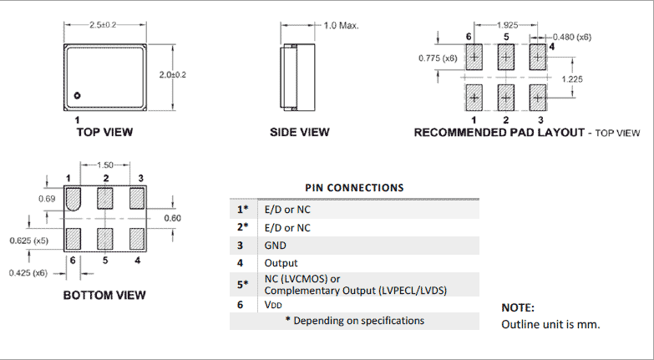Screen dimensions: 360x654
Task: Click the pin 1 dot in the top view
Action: [78, 95]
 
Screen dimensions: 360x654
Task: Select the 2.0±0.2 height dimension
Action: [172, 74]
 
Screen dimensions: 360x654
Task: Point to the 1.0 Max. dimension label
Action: [340, 26]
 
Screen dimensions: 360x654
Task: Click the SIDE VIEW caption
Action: [300, 132]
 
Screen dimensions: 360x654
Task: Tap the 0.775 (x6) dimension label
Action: [437, 58]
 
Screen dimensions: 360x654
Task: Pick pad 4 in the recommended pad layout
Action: [537, 58]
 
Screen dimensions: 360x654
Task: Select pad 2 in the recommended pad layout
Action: [505, 97]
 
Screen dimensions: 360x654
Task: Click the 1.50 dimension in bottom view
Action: [106, 165]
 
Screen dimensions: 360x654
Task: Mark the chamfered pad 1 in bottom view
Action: [73, 199]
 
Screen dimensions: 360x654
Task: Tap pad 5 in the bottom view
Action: [105, 239]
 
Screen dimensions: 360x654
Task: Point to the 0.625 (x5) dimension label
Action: [26, 241]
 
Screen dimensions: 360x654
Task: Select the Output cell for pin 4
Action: [281, 263]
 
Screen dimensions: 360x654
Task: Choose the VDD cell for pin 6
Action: [274, 306]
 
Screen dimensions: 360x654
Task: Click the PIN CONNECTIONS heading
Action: [355, 188]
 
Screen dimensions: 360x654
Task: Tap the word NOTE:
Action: [517, 307]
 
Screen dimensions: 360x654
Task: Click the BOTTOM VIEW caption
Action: [104, 295]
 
